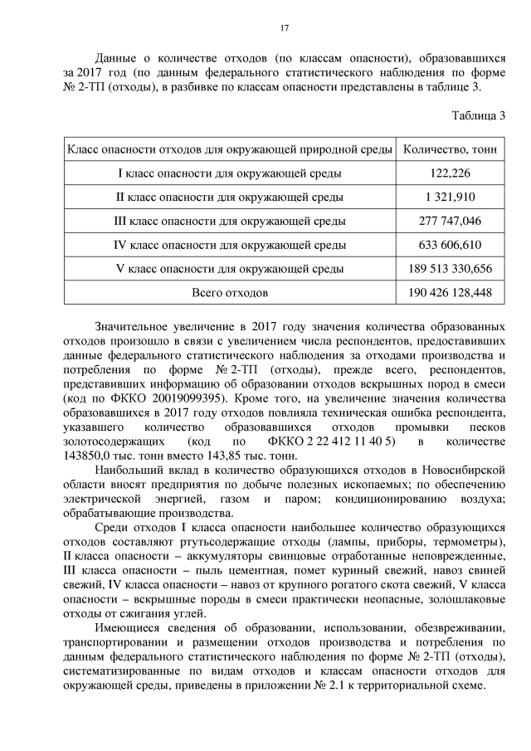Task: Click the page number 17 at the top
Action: [x=284, y=28]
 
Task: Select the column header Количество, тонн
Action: [x=450, y=149]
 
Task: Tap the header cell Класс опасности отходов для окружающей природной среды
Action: [x=229, y=149]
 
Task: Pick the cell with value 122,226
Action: [x=451, y=173]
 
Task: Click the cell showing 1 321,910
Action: [x=451, y=198]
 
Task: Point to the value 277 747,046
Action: [x=451, y=222]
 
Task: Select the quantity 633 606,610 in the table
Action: [x=451, y=246]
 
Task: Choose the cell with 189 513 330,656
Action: [x=451, y=269]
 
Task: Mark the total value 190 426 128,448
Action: [x=451, y=293]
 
